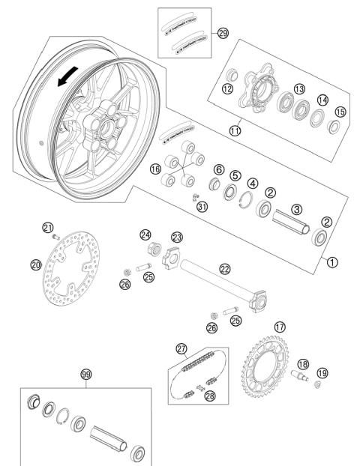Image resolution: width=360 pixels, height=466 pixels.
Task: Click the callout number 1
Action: (x=332, y=262)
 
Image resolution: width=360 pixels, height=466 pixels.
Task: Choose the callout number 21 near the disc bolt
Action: (x=48, y=227)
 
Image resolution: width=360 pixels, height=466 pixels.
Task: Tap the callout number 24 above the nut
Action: (x=145, y=234)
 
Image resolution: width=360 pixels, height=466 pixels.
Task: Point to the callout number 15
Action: (x=340, y=112)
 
